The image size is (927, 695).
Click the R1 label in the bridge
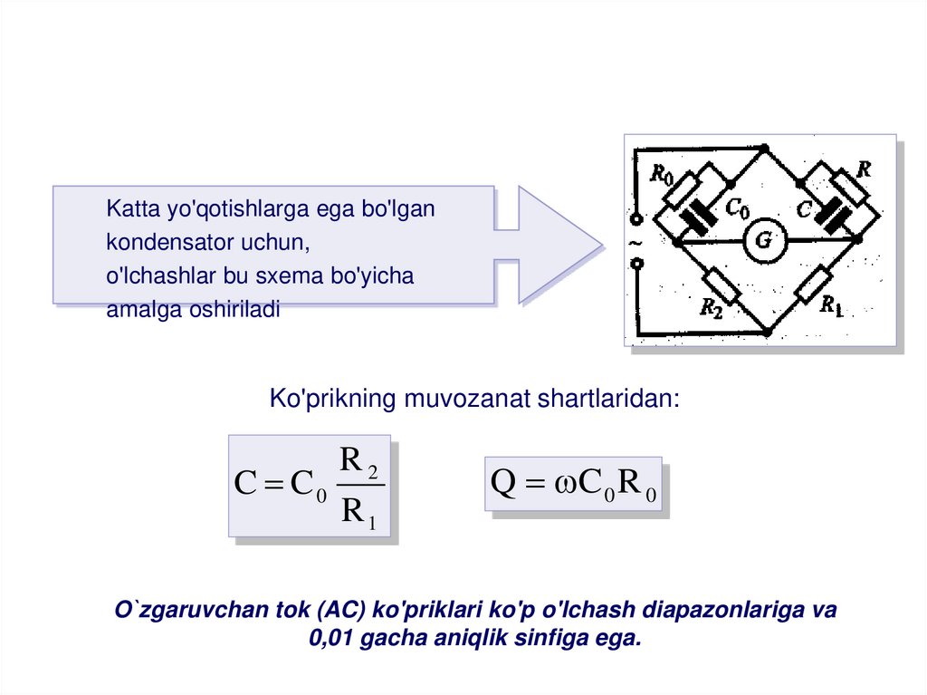(831, 306)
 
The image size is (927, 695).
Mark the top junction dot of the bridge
(764, 147)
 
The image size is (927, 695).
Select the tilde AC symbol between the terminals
(636, 243)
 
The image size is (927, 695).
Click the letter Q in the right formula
(502, 482)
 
